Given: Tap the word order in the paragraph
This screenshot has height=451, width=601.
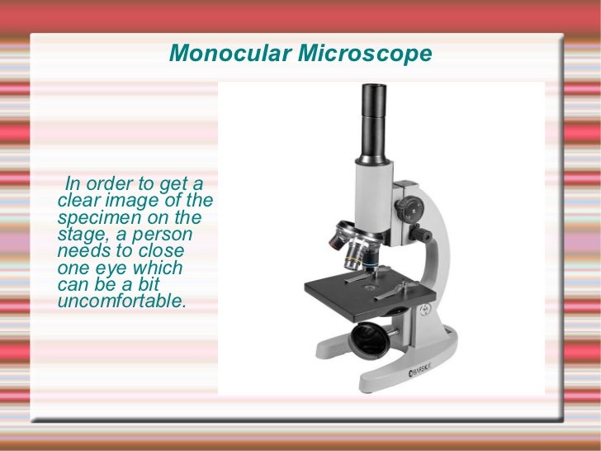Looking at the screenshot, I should [126, 183].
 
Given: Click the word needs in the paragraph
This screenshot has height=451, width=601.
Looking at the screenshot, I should [81, 251].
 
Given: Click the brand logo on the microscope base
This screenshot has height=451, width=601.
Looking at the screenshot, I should [423, 373].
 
